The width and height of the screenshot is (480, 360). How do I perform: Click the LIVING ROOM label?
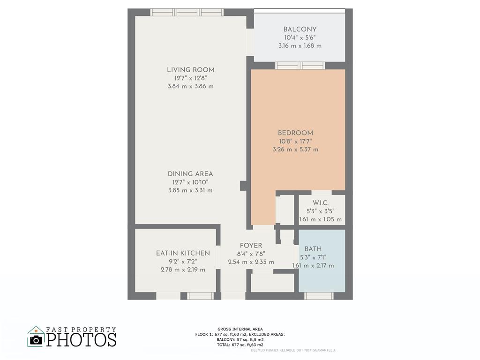click(190, 70)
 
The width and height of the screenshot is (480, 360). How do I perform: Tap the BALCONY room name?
click(300, 30)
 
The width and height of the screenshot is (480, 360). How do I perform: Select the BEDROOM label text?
click(295, 133)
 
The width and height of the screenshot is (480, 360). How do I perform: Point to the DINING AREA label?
click(190, 174)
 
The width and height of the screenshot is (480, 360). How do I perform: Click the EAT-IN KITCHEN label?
click(183, 253)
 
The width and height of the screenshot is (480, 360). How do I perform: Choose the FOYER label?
click(251, 246)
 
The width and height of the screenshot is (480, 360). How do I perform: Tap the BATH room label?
click(313, 249)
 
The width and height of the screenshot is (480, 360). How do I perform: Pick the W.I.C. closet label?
click(321, 203)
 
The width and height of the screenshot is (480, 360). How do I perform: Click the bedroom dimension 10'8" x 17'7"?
click(295, 142)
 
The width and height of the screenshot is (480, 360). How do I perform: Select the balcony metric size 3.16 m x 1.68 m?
click(300, 46)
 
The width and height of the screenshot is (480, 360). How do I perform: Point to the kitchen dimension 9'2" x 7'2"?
click(183, 262)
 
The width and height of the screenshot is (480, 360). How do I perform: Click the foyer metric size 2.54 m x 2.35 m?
click(251, 262)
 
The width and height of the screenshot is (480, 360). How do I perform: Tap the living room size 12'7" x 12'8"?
click(190, 78)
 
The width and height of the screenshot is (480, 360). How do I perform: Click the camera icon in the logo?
click(36, 340)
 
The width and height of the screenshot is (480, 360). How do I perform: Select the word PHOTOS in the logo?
click(82, 339)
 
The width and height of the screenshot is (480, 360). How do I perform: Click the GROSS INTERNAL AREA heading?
click(240, 329)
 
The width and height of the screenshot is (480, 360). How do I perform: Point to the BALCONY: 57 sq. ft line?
click(240, 339)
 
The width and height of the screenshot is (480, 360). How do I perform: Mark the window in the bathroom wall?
click(319, 296)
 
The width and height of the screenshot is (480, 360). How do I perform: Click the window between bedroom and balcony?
click(300, 66)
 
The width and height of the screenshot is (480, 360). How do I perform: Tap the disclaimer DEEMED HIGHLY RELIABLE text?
click(293, 350)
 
